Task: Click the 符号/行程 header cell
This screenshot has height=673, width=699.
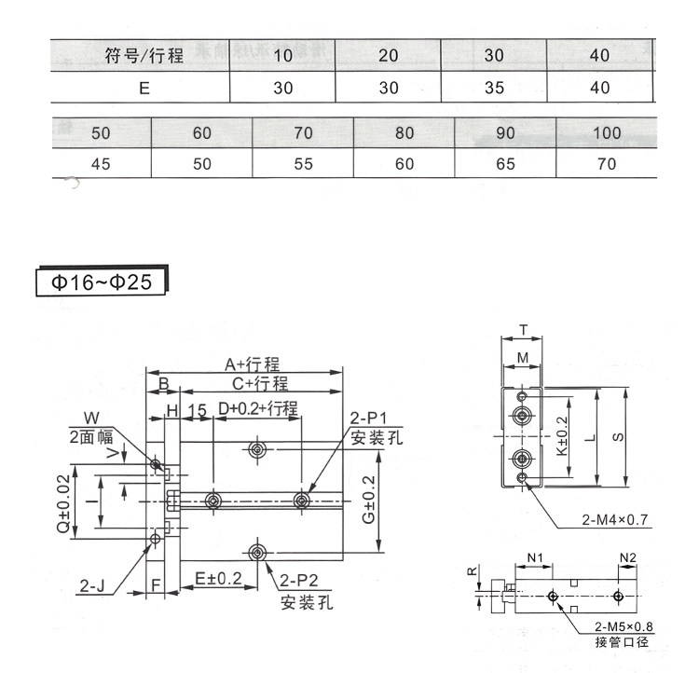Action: click(144, 56)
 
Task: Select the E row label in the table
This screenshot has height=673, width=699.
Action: click(144, 88)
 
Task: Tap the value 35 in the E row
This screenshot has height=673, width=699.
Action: click(494, 88)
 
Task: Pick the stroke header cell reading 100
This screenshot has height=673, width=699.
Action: click(607, 132)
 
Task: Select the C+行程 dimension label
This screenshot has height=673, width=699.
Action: click(260, 383)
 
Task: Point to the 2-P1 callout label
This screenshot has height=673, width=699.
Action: click(369, 418)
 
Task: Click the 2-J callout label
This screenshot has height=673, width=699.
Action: click(91, 585)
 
